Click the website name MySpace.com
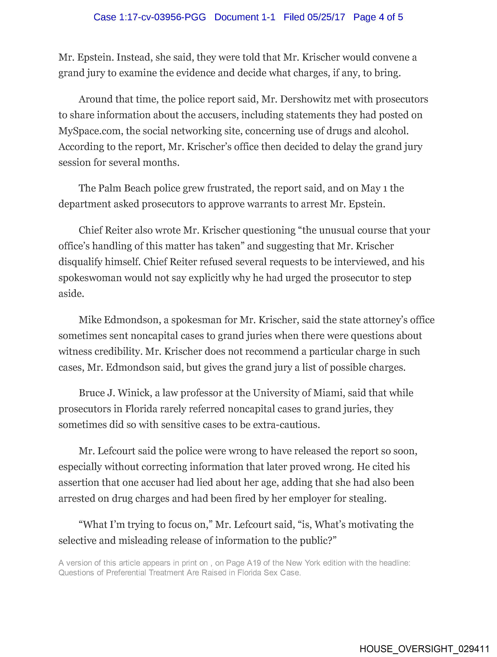(91, 131)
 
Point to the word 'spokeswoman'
(90, 278)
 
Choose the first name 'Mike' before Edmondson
(90, 320)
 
